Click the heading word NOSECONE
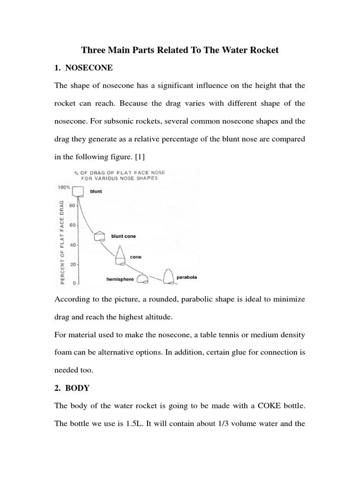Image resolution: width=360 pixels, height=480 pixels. (89, 67)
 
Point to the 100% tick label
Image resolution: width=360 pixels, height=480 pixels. (63, 187)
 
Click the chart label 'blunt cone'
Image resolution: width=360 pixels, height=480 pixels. (123, 236)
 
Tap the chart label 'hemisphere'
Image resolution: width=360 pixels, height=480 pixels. (120, 279)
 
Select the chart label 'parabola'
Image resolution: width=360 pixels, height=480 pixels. (187, 277)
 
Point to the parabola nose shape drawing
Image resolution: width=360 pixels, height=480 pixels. (168, 276)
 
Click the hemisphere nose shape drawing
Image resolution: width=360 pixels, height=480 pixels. (142, 279)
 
